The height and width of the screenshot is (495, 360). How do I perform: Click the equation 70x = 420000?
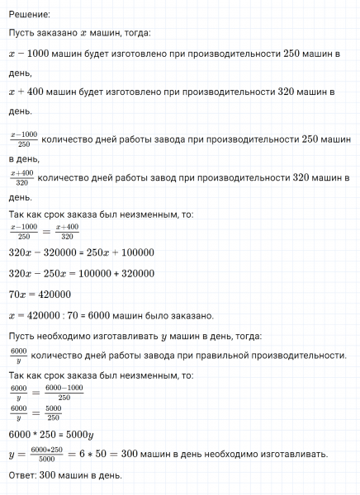[39, 294]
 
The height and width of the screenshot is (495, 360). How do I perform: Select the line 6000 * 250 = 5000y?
[50, 434]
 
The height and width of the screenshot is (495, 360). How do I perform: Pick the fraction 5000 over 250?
[54, 412]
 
